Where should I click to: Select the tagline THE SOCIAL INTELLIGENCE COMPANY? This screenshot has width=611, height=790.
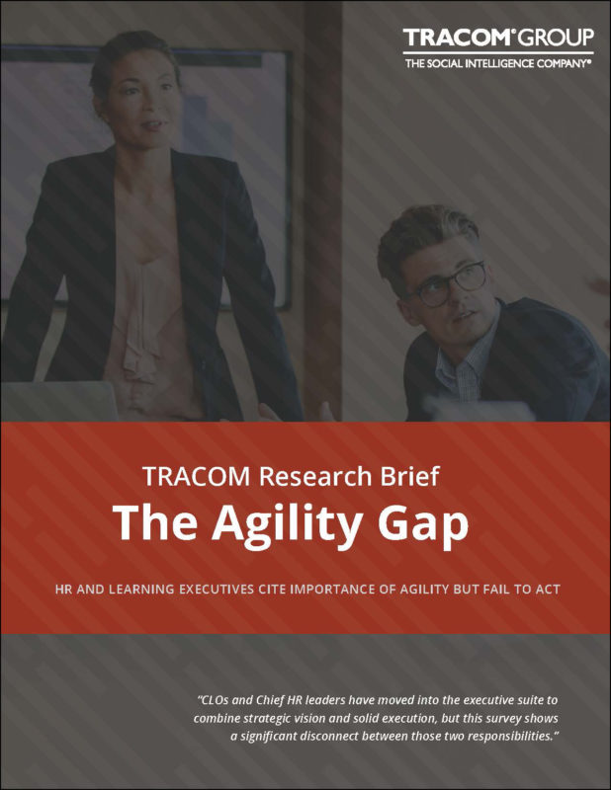click(498, 63)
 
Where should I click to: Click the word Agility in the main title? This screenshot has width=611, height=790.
click(287, 524)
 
